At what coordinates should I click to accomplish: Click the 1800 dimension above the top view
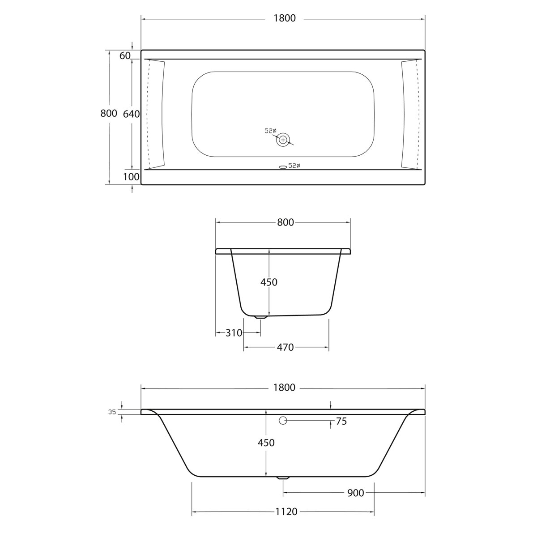pyautogui.click(x=285, y=18)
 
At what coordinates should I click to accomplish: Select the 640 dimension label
pyautogui.click(x=132, y=114)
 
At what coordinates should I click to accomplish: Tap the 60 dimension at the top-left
pyautogui.click(x=125, y=55)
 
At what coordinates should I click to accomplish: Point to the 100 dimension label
pyautogui.click(x=131, y=177)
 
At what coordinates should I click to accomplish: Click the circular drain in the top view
pyautogui.click(x=283, y=140)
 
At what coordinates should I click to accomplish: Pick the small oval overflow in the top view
pyautogui.click(x=282, y=167)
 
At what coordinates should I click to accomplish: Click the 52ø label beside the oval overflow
pyautogui.click(x=294, y=166)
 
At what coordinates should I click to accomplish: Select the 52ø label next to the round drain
pyautogui.click(x=270, y=131)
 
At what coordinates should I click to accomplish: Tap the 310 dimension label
pyautogui.click(x=234, y=333)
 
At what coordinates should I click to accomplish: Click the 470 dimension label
pyautogui.click(x=285, y=347)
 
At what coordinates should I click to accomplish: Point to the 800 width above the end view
pyautogui.click(x=285, y=222)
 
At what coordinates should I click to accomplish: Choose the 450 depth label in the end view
pyautogui.click(x=269, y=282)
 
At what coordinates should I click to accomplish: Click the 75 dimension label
pyautogui.click(x=341, y=421)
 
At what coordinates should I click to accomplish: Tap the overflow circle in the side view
pyautogui.click(x=283, y=421)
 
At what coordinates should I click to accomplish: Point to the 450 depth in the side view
pyautogui.click(x=266, y=443)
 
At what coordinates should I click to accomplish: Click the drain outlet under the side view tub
pyautogui.click(x=283, y=478)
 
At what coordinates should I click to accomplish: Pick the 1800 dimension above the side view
pyautogui.click(x=285, y=388)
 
